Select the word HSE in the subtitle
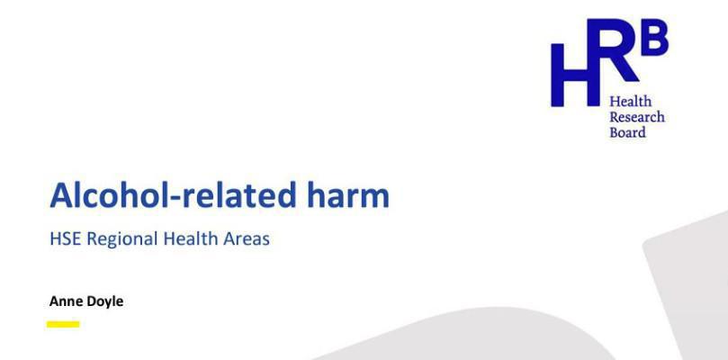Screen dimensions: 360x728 [64, 239]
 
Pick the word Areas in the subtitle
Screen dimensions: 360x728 [247, 239]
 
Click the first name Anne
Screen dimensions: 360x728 [65, 301]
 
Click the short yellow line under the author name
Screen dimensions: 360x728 [63, 324]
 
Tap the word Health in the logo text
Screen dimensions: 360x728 [631, 102]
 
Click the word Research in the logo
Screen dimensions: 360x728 [637, 117]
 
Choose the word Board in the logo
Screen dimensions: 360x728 [627, 132]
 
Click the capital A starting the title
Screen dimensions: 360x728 [60, 195]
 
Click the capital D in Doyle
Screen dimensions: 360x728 [92, 301]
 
